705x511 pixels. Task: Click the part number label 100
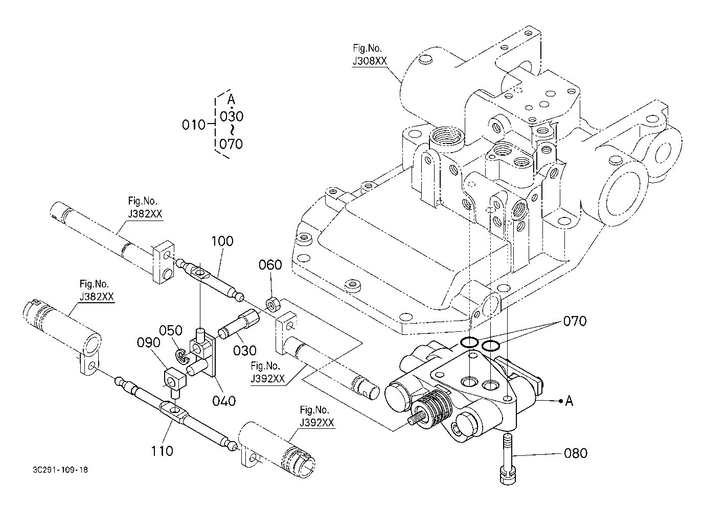(x=222, y=241)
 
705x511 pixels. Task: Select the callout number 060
(x=270, y=265)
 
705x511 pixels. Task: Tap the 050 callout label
(x=171, y=330)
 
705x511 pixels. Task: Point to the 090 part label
(x=148, y=343)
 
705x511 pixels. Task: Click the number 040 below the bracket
(x=224, y=401)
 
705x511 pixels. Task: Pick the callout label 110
(x=162, y=451)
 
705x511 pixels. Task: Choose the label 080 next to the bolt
(x=576, y=453)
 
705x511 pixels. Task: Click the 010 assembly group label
(x=194, y=125)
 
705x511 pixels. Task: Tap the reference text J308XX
(x=370, y=61)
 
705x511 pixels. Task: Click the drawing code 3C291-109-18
(x=60, y=470)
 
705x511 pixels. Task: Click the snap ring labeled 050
(x=181, y=357)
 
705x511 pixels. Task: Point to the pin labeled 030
(x=239, y=324)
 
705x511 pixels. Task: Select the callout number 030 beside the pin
(x=244, y=350)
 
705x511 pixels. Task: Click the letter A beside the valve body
(x=569, y=401)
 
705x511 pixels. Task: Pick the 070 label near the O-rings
(x=575, y=321)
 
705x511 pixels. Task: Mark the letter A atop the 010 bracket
(x=231, y=100)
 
